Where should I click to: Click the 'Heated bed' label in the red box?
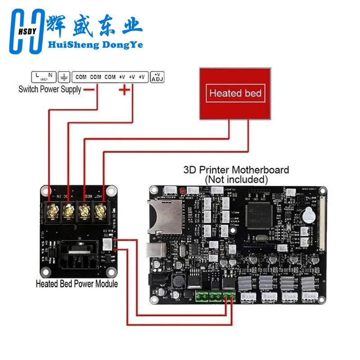tap(235, 94)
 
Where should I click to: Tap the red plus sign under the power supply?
tap(124, 90)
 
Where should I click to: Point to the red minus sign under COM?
tap(89, 89)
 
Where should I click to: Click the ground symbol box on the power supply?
tap(64, 76)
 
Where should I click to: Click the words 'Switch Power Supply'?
tap(49, 89)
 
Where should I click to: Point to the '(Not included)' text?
tap(236, 179)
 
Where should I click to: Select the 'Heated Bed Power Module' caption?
tap(76, 284)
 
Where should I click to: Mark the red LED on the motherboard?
tap(182, 191)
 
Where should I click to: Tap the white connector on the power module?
tap(108, 244)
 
